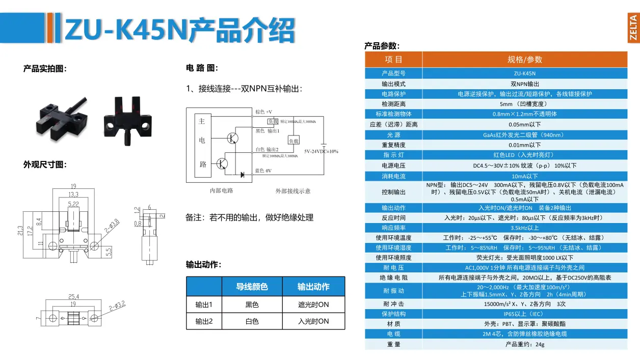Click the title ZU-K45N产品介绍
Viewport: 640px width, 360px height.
[179, 31]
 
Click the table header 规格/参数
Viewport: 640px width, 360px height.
[524, 60]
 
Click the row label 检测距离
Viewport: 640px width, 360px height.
[393, 104]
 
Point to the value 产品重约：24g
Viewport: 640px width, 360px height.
[524, 344]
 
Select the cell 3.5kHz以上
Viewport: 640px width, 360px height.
[524, 228]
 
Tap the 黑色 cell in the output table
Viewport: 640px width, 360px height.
[252, 305]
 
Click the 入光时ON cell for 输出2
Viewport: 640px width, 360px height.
[313, 321]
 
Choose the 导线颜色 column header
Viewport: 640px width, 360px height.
[252, 287]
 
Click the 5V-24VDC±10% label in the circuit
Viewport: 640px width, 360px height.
[321, 151]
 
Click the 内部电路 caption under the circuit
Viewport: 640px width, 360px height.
[221, 191]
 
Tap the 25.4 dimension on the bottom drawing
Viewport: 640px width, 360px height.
[73, 296]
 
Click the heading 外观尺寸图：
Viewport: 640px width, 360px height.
[45, 164]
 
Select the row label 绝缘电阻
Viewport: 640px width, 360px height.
[393, 278]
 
